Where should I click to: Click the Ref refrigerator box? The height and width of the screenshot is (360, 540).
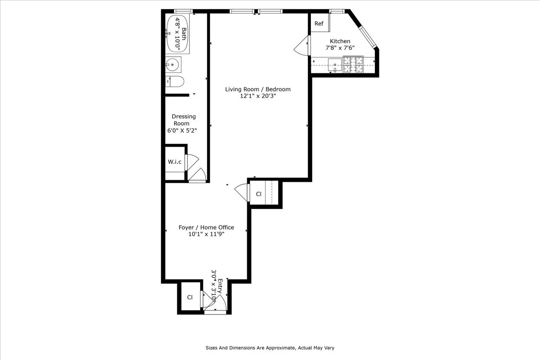click(319, 24)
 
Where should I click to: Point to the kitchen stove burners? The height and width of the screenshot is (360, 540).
click(353, 64)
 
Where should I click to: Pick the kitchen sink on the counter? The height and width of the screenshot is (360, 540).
click(335, 65)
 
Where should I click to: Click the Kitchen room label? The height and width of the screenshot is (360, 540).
click(340, 41)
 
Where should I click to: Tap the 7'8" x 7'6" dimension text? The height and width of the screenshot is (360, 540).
click(340, 49)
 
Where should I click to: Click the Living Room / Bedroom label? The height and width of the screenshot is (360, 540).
click(258, 89)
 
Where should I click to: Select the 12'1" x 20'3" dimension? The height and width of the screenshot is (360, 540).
click(258, 96)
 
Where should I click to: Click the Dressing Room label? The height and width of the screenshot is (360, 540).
click(184, 120)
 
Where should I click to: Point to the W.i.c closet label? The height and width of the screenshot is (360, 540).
click(175, 162)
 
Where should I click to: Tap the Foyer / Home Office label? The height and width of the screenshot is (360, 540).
click(206, 227)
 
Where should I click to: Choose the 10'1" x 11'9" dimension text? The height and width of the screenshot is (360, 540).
click(206, 234)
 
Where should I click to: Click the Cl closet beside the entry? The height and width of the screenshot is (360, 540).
click(190, 297)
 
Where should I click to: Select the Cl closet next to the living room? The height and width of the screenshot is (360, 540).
click(259, 194)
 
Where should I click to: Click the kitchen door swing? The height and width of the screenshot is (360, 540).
click(301, 47)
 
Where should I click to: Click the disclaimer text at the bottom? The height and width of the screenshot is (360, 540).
click(270, 348)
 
